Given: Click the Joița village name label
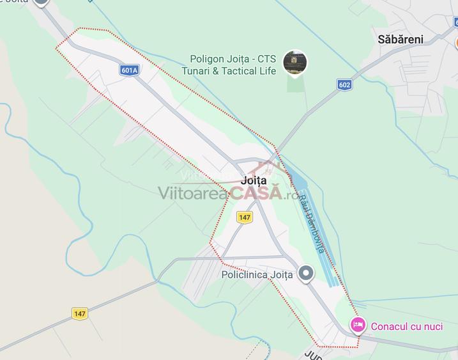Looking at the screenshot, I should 254,180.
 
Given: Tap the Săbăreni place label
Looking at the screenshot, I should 401,39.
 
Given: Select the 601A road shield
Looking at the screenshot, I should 129,70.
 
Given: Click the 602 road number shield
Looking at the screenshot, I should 345,84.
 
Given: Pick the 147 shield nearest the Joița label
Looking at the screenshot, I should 244,217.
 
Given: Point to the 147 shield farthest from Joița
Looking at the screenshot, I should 79,313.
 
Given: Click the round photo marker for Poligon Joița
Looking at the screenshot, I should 294,63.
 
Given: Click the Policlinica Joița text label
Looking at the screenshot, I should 257,275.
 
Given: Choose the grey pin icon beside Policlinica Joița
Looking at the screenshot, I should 307,274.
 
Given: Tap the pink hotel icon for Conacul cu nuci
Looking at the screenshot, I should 358,326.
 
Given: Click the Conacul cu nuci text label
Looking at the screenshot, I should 406,327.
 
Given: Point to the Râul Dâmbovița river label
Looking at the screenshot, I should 311,223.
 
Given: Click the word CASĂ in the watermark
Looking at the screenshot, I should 257,192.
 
